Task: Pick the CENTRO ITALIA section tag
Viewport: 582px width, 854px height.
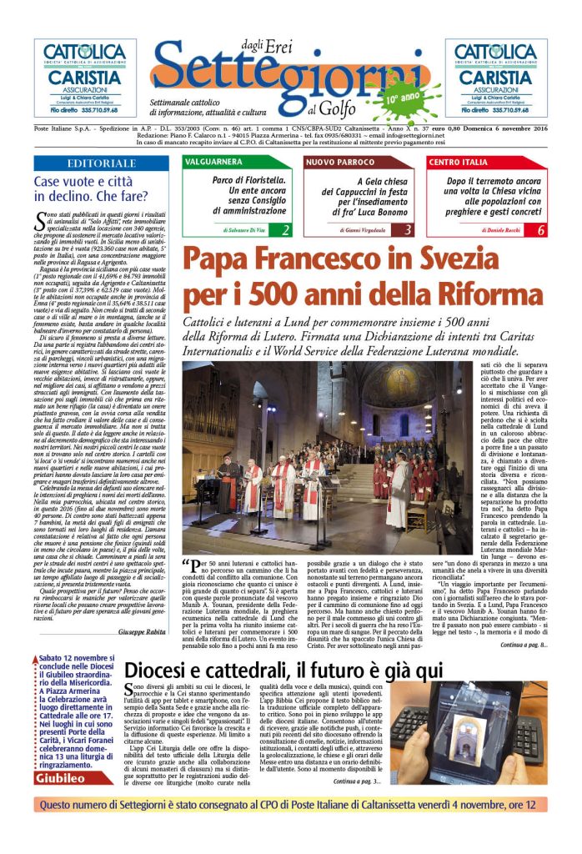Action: click(458, 161)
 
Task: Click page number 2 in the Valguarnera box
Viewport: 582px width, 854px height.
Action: click(285, 230)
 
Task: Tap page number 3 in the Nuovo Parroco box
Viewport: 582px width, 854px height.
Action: click(409, 230)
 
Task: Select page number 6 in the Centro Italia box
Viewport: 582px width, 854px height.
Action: click(540, 230)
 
